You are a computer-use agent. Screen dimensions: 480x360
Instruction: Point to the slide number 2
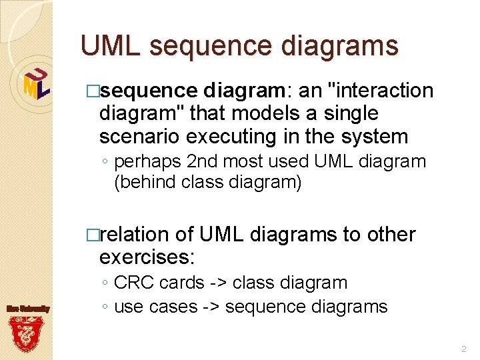pos(463,349)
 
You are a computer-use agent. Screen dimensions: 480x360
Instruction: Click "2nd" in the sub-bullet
pos(204,161)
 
